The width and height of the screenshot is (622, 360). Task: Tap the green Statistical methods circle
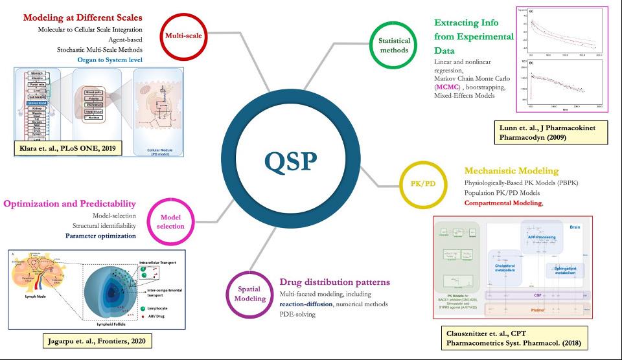tap(393, 45)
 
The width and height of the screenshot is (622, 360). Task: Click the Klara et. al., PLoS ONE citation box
tap(66, 148)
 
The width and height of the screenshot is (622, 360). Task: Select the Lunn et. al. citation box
tap(560, 132)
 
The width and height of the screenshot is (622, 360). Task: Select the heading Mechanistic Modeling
tap(511, 171)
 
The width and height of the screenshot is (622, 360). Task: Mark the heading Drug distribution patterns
tap(334, 282)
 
